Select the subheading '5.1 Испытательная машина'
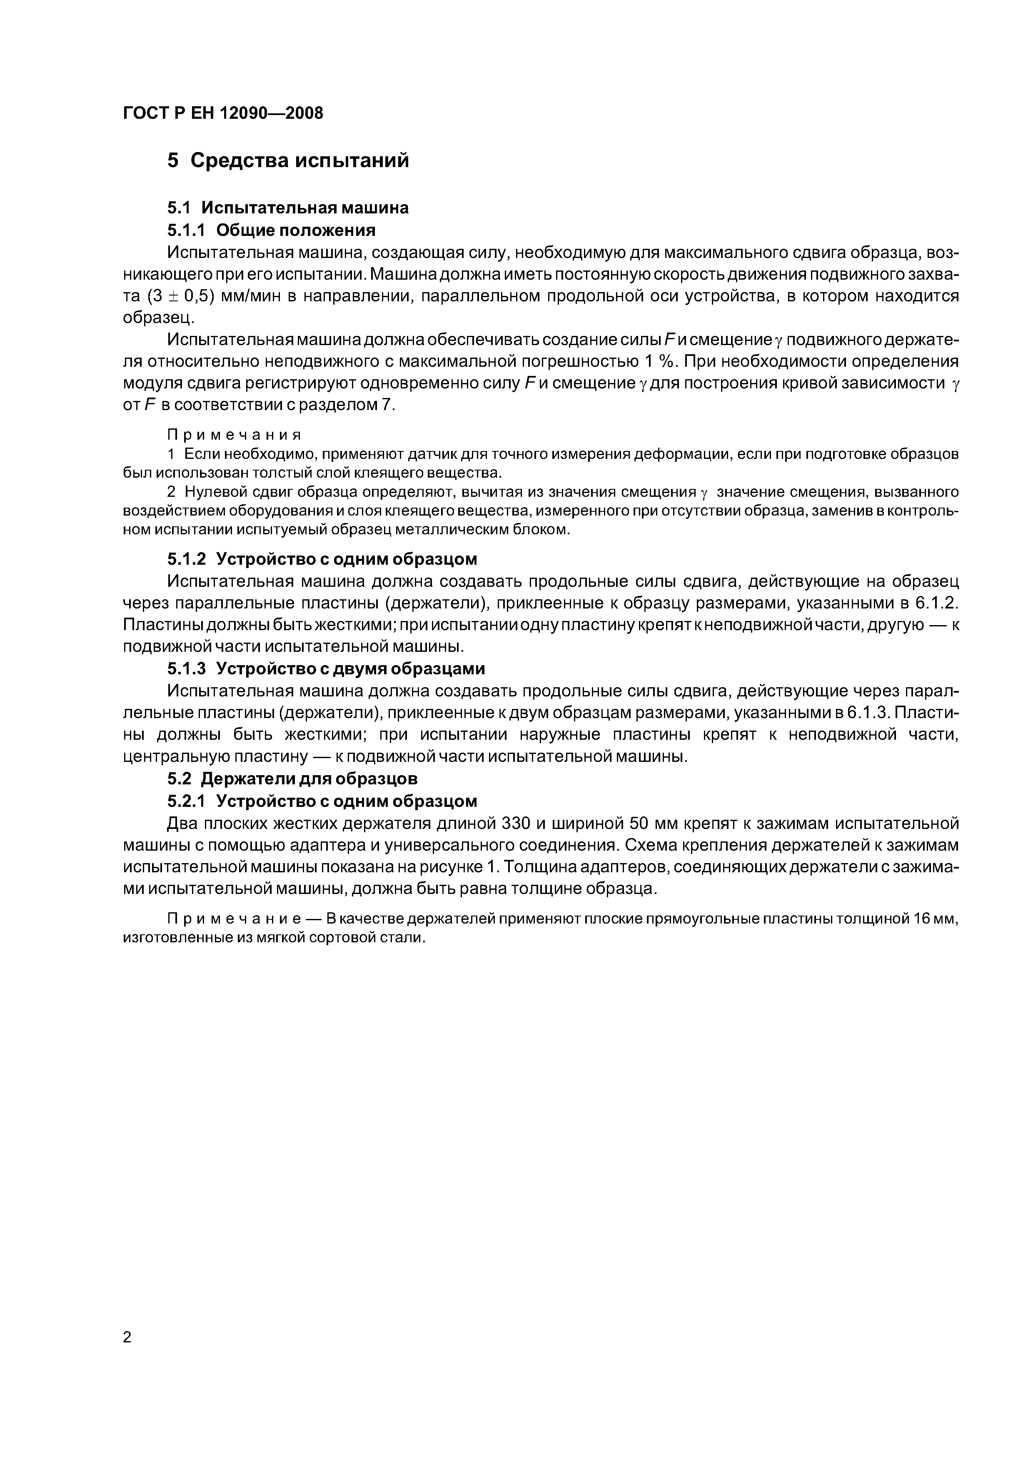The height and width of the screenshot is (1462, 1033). [288, 208]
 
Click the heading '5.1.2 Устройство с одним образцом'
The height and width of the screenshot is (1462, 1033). [322, 559]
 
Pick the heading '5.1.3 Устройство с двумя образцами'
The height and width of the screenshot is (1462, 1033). [326, 668]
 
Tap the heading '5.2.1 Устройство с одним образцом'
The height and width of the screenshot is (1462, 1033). [322, 801]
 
